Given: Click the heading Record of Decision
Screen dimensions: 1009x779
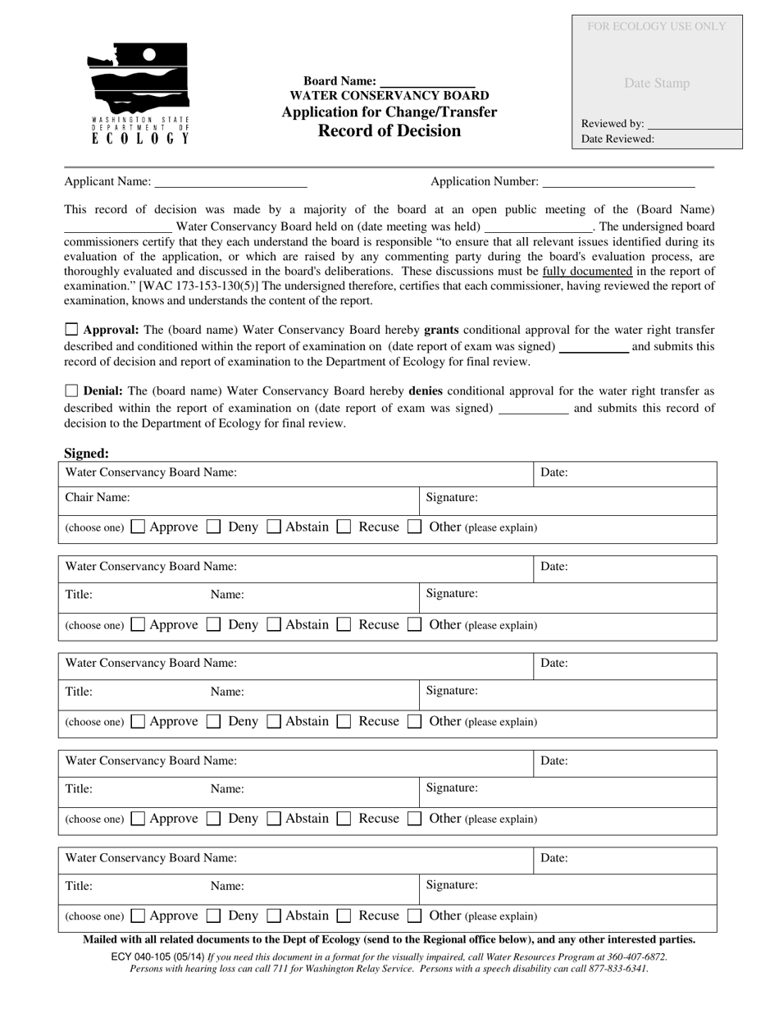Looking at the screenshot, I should (389, 130).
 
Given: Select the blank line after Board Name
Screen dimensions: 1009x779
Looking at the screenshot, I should (427, 82).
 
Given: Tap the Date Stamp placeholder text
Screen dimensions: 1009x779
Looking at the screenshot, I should (657, 83).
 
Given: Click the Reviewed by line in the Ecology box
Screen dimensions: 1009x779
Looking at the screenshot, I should (693, 124).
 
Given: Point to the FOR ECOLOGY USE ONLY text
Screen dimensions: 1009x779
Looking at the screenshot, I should (657, 26).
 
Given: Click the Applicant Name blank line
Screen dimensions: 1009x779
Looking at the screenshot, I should (230, 182).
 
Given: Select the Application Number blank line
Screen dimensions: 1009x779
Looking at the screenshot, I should (618, 182).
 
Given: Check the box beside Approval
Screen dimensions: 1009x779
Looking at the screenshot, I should (71, 330).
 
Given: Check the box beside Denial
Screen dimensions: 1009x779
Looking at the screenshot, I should (71, 391).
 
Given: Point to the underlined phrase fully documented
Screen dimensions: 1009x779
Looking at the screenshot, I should (587, 272).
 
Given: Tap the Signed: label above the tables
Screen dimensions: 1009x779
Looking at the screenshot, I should (86, 453).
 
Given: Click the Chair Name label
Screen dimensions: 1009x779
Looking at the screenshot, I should (98, 497).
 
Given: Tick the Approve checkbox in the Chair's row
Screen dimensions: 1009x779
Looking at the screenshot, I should (139, 527).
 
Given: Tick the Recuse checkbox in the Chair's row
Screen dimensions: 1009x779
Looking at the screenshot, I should (344, 527).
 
